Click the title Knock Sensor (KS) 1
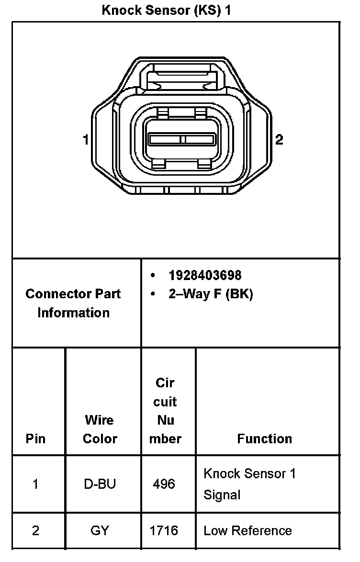[x=166, y=10]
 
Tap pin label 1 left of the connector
[x=86, y=140]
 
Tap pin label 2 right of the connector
[x=279, y=140]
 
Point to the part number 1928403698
[x=205, y=275]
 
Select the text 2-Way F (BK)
[x=210, y=294]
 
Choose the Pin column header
[x=35, y=438]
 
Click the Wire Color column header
[x=100, y=429]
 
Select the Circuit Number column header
[x=165, y=411]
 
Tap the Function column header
[x=264, y=438]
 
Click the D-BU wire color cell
[x=100, y=484]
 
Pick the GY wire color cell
[x=100, y=530]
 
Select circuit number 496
[x=164, y=484]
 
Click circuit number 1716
[x=164, y=530]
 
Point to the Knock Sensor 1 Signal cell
[x=249, y=484]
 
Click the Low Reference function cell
[x=247, y=530]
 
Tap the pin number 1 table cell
[x=35, y=484]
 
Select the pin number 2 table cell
[x=35, y=530]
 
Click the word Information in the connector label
[x=73, y=313]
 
